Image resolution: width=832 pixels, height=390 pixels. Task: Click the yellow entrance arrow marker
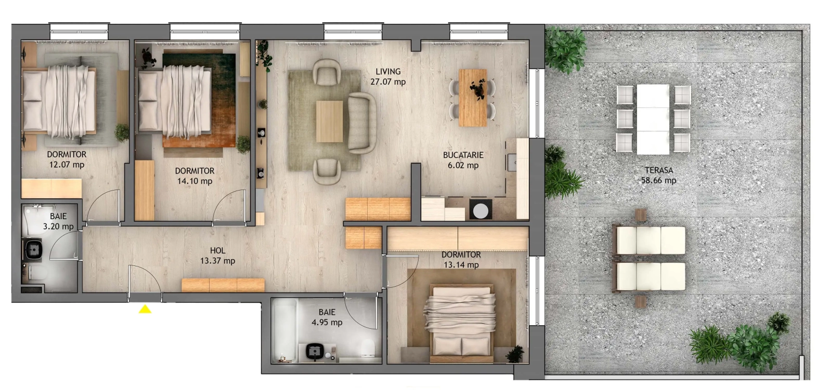(145, 310)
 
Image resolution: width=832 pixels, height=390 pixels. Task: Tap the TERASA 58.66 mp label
(658, 176)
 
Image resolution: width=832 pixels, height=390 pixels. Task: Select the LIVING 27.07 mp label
(388, 76)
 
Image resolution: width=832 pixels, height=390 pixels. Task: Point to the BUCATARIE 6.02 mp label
(463, 160)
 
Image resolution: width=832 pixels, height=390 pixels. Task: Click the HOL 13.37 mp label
(217, 255)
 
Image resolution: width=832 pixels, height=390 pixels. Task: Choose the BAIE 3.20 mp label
(58, 221)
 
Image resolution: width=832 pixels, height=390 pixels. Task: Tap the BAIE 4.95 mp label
(327, 317)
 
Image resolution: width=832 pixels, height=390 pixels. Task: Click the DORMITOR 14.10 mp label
(194, 176)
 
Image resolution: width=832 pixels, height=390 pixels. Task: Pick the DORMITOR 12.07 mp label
(67, 159)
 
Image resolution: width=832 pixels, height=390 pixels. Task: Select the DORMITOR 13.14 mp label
(461, 260)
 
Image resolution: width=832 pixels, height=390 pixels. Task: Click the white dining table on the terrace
(653, 119)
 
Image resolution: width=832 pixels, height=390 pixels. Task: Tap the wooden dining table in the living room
(473, 98)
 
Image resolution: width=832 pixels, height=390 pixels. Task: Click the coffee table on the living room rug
(329, 121)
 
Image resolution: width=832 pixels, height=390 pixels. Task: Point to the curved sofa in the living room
(362, 123)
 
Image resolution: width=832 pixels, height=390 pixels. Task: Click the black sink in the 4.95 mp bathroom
(314, 352)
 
